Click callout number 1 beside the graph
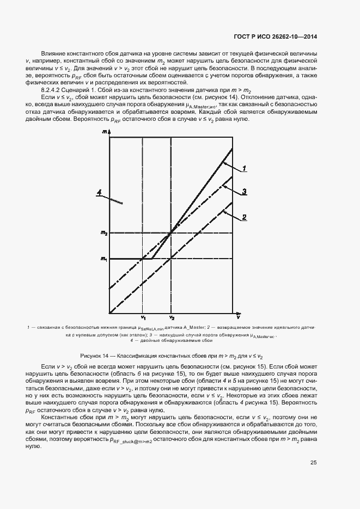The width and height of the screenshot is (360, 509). click(x=245, y=168)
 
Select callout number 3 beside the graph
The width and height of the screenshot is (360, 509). click(x=245, y=192)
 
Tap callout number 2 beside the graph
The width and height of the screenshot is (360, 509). click(x=245, y=217)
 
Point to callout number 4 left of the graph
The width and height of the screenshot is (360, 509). click(x=100, y=192)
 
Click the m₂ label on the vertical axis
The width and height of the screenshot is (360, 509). click(x=104, y=233)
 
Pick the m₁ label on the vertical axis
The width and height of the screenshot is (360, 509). click(x=104, y=259)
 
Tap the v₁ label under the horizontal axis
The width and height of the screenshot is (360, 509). click(x=143, y=317)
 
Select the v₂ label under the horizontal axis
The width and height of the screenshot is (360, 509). click(x=172, y=317)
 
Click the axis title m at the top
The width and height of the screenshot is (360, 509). click(x=104, y=132)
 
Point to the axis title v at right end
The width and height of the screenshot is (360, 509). click(x=238, y=316)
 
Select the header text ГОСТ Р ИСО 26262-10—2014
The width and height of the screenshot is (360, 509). click(x=272, y=37)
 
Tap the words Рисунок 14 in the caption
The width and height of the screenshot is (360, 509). click(x=94, y=354)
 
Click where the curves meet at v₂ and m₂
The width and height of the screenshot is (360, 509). click(x=172, y=233)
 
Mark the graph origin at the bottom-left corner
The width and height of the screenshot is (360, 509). click(x=110, y=313)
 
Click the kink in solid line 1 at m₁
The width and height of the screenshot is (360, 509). click(x=151, y=259)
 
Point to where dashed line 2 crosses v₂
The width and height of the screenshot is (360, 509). click(x=172, y=258)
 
